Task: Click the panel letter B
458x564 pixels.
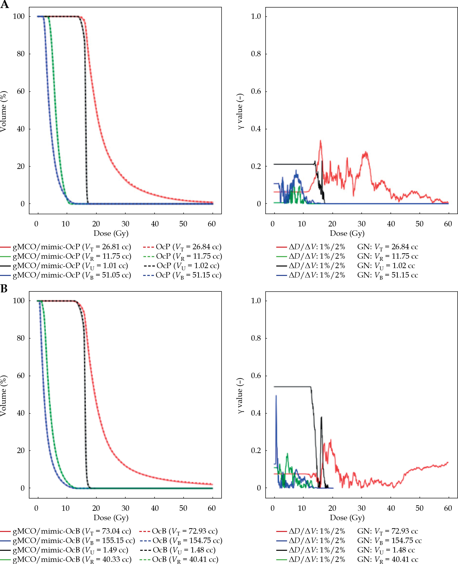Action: point(4,289)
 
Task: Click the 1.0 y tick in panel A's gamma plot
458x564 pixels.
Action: point(256,16)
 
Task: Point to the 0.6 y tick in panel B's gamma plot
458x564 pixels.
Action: point(256,376)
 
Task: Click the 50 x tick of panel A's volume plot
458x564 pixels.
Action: point(183,224)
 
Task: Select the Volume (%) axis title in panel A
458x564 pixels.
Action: point(4,111)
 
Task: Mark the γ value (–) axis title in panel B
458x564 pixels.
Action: point(240,396)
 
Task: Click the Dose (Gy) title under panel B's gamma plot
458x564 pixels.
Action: point(347,517)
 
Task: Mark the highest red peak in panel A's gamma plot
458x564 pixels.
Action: point(320,141)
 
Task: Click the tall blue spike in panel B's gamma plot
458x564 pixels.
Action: point(276,396)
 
